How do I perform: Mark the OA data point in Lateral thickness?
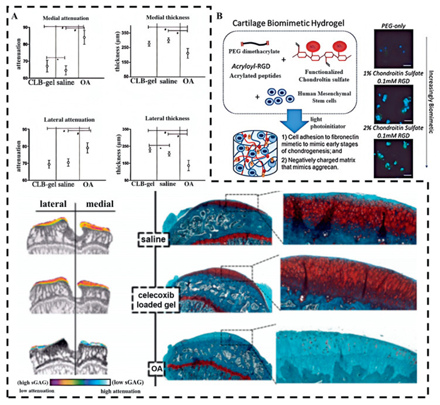pyautogui.click(x=188, y=166)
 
